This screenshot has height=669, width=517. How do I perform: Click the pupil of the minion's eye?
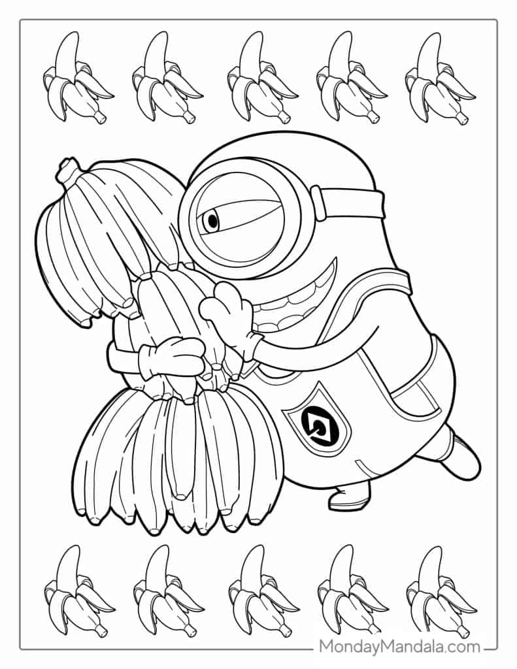pyautogui.click(x=211, y=221)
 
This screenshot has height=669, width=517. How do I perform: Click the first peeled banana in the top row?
pyautogui.click(x=75, y=78)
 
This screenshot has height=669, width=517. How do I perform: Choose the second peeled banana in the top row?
pyautogui.click(x=164, y=78)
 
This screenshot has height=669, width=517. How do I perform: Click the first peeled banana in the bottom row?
pyautogui.click(x=75, y=591)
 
